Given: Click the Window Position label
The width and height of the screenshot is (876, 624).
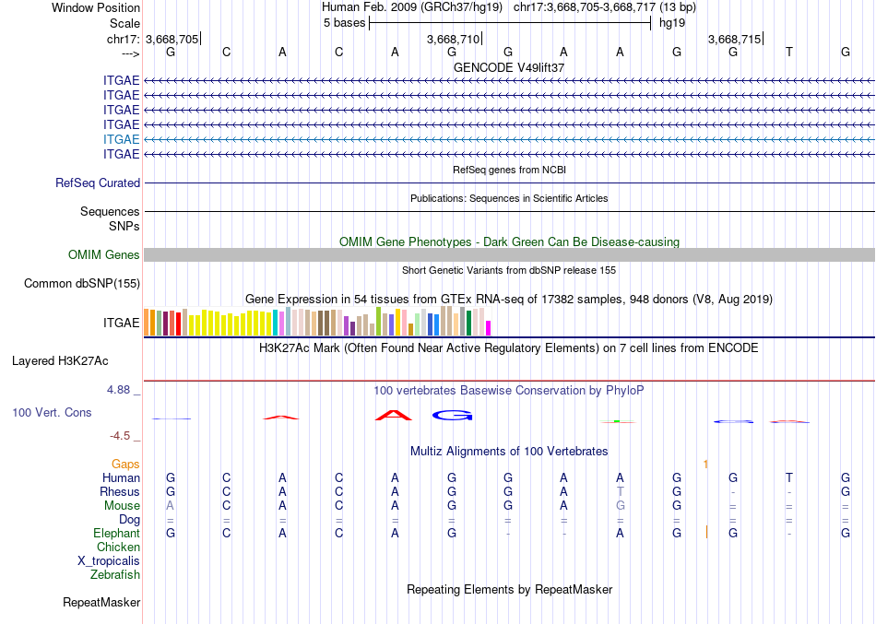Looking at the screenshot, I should (x=96, y=7).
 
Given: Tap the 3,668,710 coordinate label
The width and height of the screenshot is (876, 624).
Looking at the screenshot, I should (x=453, y=39).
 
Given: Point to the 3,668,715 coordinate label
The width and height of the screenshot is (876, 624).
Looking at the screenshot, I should (x=734, y=39).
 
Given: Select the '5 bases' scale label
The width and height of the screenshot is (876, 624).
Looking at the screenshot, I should (x=343, y=23).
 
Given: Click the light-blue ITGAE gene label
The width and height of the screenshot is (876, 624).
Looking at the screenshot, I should (x=122, y=139).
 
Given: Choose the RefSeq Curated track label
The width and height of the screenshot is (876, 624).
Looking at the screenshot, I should (x=98, y=183).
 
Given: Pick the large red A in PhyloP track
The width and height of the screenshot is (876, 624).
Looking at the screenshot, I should (x=394, y=415).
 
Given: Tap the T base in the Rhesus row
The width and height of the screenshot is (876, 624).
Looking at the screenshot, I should (x=621, y=492).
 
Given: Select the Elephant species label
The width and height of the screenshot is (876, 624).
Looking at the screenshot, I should (x=116, y=534).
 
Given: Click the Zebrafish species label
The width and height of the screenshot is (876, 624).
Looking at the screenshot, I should (x=115, y=575).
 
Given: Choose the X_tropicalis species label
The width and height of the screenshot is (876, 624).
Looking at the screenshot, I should (x=109, y=561).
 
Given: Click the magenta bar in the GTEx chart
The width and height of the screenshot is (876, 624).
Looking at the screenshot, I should (x=489, y=327).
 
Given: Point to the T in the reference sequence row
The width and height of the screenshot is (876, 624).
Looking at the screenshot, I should (x=788, y=53).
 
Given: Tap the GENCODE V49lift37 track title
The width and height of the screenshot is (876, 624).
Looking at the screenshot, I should (x=509, y=67).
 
